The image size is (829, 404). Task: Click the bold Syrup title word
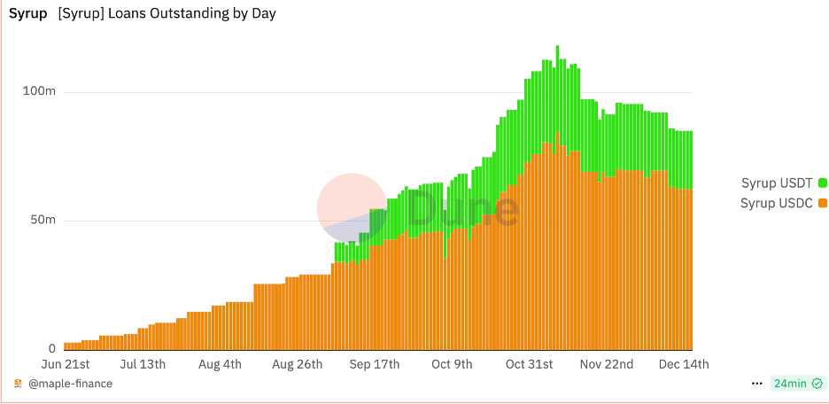27,14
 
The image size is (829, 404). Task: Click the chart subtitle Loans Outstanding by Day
167,14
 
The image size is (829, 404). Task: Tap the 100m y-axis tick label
39,92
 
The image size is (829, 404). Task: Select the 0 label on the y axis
52,348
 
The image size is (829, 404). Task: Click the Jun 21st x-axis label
66,364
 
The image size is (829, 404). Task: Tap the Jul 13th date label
143,364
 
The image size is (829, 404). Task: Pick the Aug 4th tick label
221,364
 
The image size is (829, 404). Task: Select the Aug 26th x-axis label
298,364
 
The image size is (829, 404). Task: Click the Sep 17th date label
375,364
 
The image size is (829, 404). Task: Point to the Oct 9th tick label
452,364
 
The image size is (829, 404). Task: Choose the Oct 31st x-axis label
529,364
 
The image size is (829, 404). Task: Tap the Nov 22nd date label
607,364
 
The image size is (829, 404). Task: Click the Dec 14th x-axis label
684,364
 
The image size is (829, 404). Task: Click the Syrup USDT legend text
777,183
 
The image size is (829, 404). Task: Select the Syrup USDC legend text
777,203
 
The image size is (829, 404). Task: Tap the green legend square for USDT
823,183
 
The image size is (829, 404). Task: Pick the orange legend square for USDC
823,203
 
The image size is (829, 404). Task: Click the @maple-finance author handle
70,384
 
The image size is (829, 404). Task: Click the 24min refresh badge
789,384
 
